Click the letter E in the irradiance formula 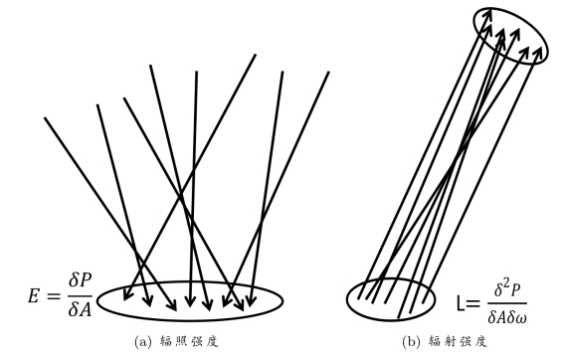coord(34,297)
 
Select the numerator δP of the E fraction coord(80,281)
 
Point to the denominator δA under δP coord(80,309)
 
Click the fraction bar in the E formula coord(80,295)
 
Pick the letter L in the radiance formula coord(461,303)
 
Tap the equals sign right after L coord(472,304)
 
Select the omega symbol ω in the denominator coord(520,317)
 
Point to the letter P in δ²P coord(515,290)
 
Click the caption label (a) coord(141,341)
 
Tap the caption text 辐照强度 coord(189,341)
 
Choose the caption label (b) coord(411,341)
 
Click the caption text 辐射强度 coord(459,341)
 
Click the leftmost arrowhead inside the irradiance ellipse coord(126,294)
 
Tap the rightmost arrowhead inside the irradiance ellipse coord(251,300)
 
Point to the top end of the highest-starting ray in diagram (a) coord(256,55)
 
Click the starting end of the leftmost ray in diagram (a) coord(45,117)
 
